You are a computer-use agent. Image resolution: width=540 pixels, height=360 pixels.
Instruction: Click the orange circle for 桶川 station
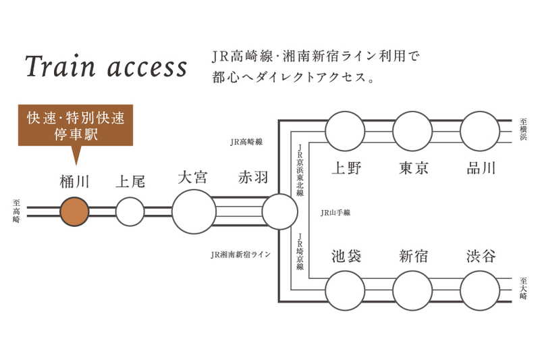[74, 211]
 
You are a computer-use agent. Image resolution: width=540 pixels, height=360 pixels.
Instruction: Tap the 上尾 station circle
[130, 211]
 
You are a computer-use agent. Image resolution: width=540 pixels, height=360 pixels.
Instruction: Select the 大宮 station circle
[194, 211]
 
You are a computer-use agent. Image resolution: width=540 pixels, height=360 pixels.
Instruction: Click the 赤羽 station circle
[279, 211]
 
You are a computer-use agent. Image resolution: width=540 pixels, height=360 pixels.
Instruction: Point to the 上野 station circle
[345, 131]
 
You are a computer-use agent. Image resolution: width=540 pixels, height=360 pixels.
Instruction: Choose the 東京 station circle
[412, 131]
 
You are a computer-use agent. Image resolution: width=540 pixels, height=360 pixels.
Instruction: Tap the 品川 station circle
[480, 131]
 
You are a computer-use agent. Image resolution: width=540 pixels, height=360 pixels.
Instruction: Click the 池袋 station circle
[345, 290]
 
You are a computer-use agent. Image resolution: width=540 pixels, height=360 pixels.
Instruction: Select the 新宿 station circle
[412, 290]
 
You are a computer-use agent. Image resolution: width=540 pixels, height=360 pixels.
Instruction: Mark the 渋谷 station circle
[480, 290]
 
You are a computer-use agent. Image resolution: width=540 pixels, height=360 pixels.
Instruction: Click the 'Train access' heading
[106, 67]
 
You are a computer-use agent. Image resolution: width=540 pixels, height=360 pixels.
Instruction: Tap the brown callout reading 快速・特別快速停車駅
[76, 126]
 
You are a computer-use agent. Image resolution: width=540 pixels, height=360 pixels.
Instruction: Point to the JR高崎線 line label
[246, 142]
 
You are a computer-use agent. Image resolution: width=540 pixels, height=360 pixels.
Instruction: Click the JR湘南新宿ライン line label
[240, 255]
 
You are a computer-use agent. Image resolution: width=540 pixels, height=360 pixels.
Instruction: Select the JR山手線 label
[335, 212]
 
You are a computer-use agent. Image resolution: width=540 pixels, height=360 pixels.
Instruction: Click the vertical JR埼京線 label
[300, 251]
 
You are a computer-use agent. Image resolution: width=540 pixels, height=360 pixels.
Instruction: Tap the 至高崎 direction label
[16, 211]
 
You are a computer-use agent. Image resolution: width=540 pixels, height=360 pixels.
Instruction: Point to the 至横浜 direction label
[523, 130]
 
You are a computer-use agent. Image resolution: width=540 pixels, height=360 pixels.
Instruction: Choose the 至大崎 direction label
[523, 289]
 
